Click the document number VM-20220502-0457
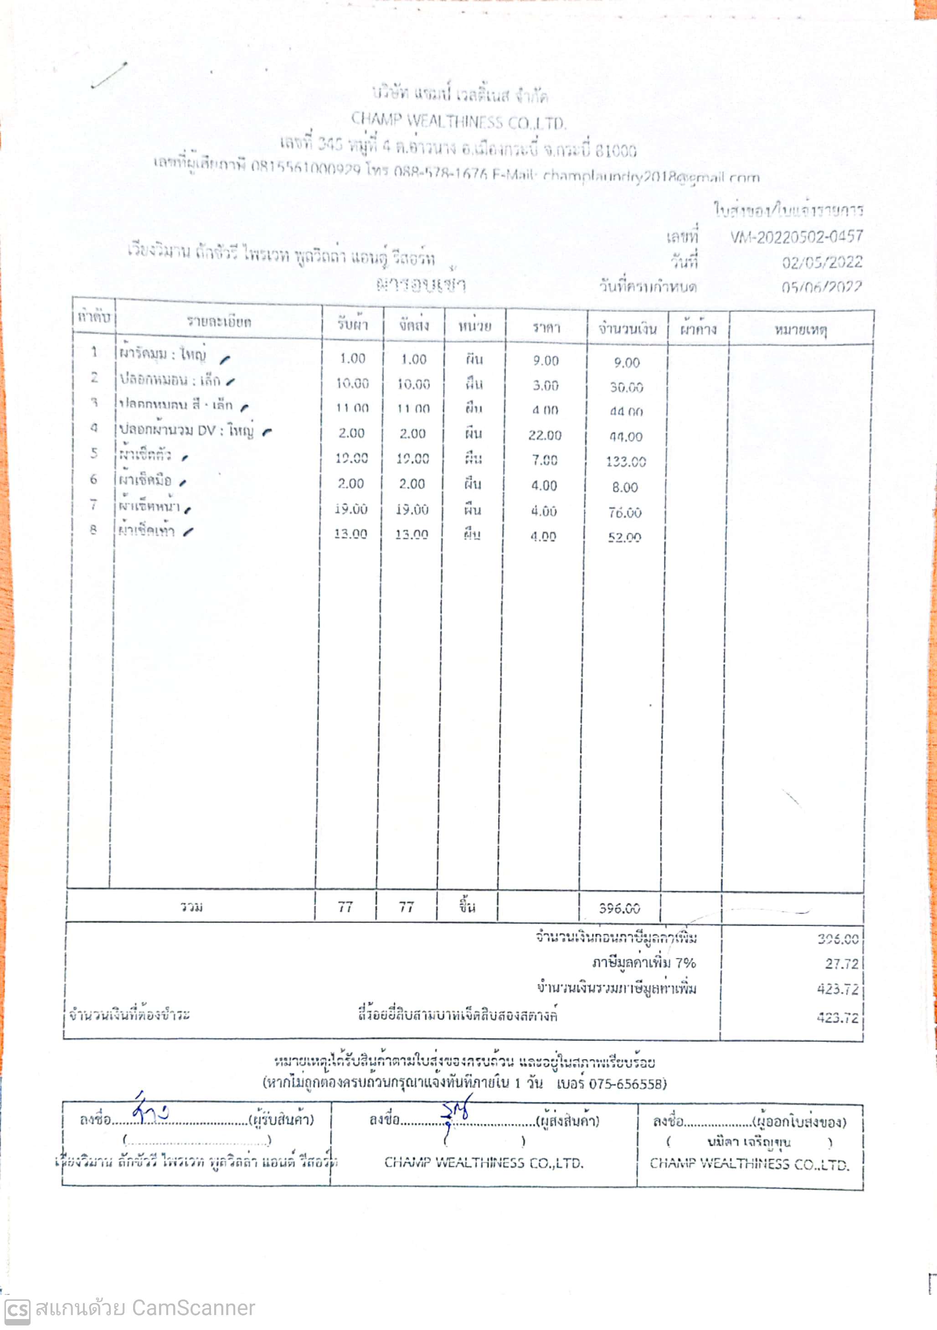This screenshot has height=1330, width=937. (796, 237)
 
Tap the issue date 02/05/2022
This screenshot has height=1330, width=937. (822, 263)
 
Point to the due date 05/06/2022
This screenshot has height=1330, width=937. (821, 287)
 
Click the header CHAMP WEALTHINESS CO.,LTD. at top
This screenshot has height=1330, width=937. (458, 122)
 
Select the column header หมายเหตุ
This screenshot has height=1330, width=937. (801, 330)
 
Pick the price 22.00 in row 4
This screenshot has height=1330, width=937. (544, 435)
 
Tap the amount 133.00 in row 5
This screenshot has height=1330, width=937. (625, 462)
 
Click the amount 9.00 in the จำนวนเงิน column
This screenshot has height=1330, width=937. (627, 362)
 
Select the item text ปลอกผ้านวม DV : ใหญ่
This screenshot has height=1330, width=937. (186, 430)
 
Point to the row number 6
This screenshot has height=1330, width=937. (93, 479)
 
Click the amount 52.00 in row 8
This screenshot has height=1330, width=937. (624, 538)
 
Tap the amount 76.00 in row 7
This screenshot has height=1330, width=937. (625, 512)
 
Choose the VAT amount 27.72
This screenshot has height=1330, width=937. (841, 964)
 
